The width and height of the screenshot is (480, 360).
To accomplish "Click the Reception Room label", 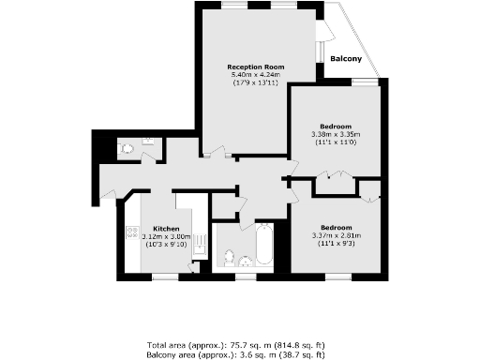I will pyautogui.click(x=256, y=67).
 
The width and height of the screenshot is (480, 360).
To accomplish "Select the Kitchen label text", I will pyautogui.click(x=166, y=229).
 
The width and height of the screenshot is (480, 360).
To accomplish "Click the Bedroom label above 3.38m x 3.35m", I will pyautogui.click(x=335, y=127).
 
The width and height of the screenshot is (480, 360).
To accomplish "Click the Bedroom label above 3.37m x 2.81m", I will pyautogui.click(x=335, y=228).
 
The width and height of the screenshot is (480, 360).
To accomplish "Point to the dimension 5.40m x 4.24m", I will pyautogui.click(x=256, y=75).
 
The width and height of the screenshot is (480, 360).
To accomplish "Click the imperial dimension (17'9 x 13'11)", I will pyautogui.click(x=256, y=83).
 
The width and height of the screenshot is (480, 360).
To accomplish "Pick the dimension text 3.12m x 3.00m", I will pyautogui.click(x=166, y=237).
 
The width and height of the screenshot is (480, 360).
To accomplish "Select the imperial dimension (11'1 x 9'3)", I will pyautogui.click(x=335, y=244).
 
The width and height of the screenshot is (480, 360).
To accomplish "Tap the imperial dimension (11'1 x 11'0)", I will pyautogui.click(x=335, y=142).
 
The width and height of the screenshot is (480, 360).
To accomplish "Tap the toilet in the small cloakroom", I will pyautogui.click(x=125, y=147).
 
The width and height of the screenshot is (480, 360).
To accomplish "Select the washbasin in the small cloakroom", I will pyautogui.click(x=147, y=142).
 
